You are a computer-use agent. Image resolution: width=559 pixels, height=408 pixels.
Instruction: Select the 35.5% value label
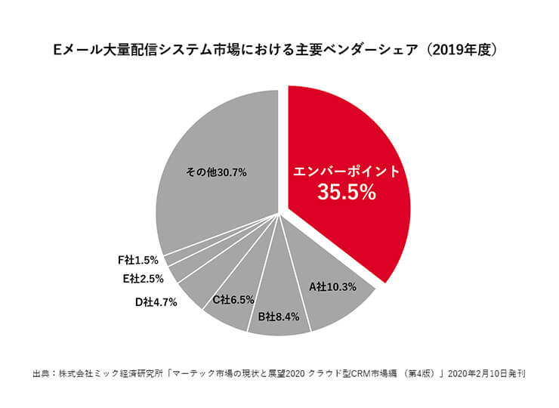coord(347,193)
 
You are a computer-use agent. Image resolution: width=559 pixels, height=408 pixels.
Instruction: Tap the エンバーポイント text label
coord(347,171)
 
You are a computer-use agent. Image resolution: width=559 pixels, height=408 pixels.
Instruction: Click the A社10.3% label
coord(332,287)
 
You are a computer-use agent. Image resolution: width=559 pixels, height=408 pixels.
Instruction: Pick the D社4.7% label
coord(156,303)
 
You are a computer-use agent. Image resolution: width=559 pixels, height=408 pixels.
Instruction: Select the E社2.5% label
coord(143,278)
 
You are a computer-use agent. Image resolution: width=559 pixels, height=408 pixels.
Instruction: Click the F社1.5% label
coord(138,259)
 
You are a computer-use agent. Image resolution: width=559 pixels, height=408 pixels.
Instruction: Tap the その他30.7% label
coord(217,172)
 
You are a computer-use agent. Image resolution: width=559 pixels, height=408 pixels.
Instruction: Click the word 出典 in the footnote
coord(41,373)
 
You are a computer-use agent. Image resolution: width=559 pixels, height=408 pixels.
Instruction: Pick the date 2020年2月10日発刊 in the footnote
coord(484,373)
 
